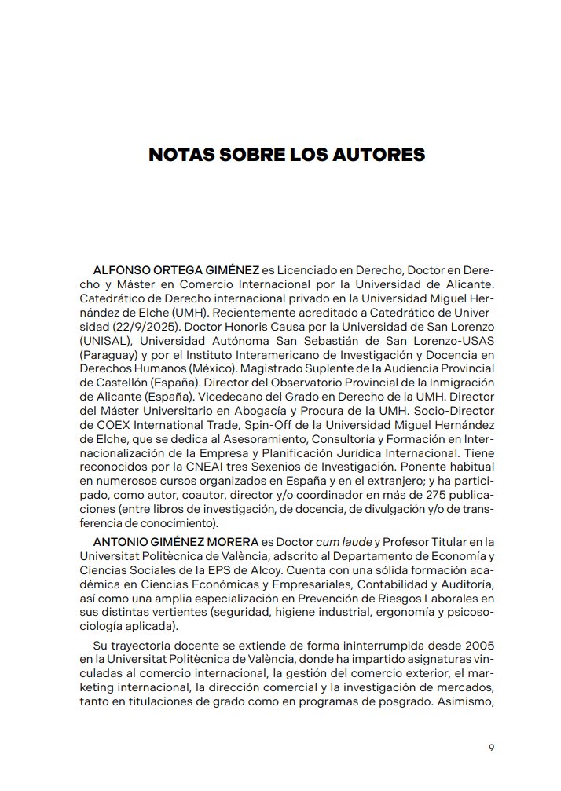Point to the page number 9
click(x=491, y=747)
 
